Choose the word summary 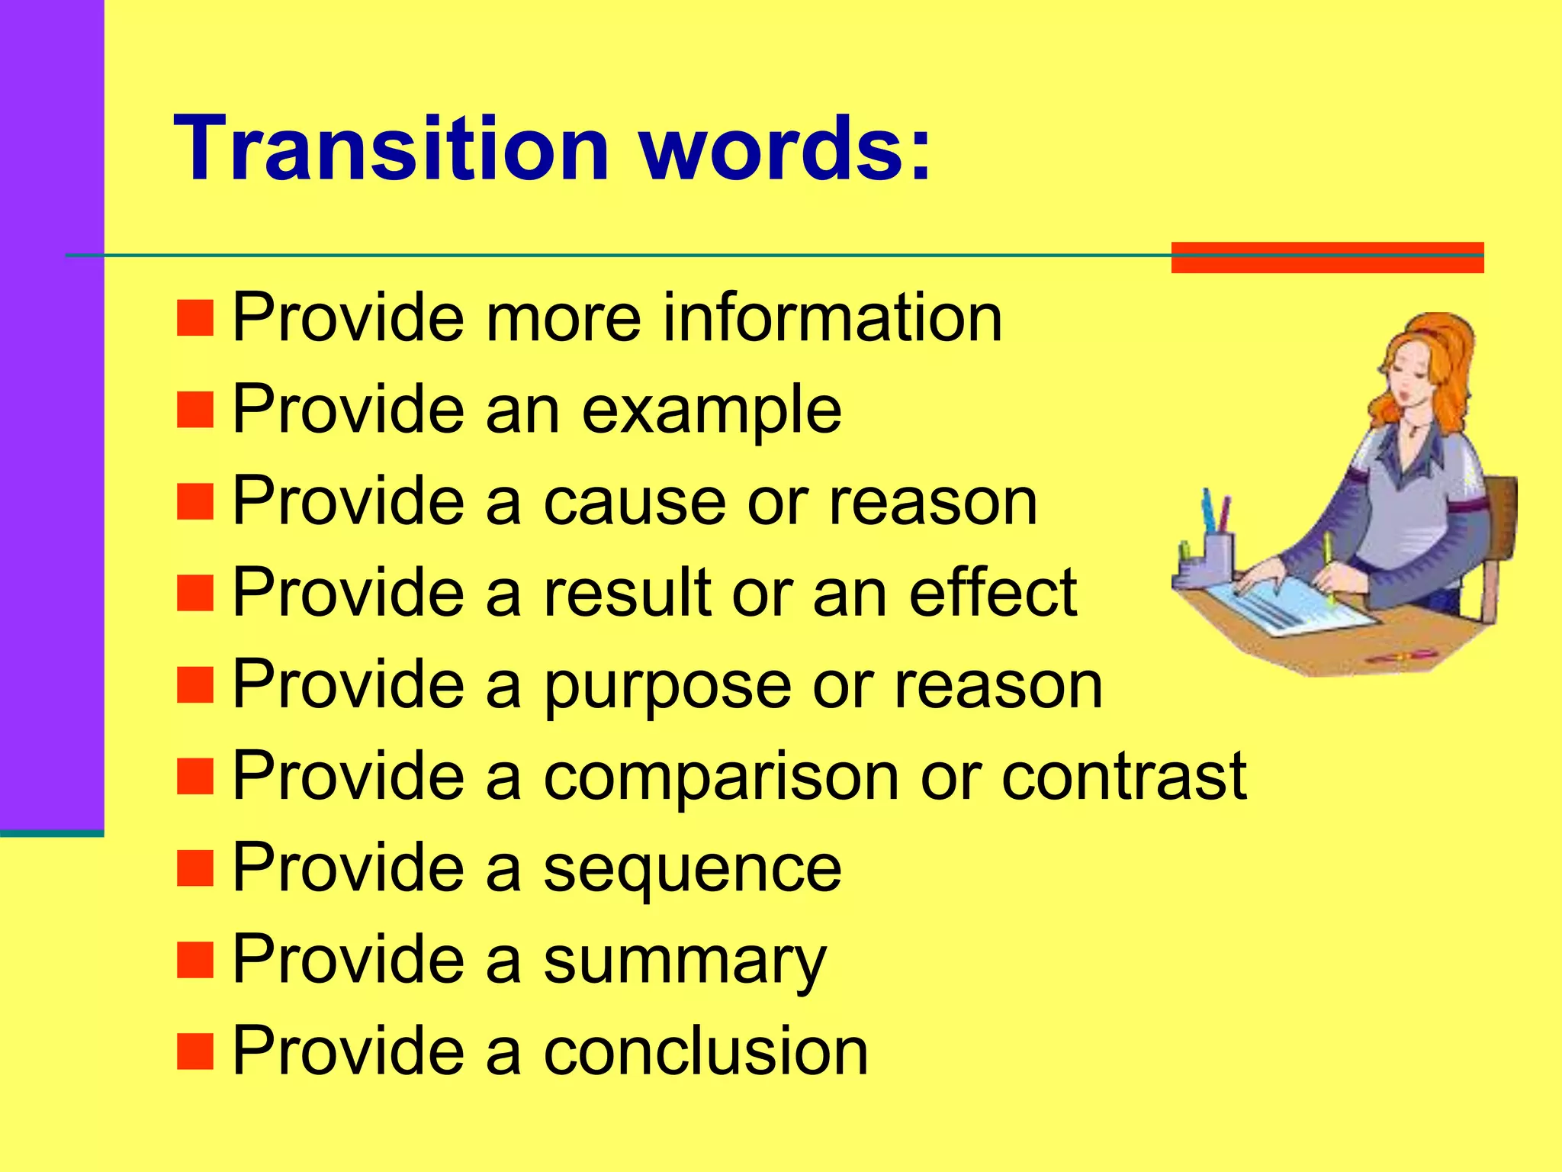tap(684, 961)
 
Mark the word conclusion tap(705, 1051)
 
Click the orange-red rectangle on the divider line tap(1327, 257)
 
